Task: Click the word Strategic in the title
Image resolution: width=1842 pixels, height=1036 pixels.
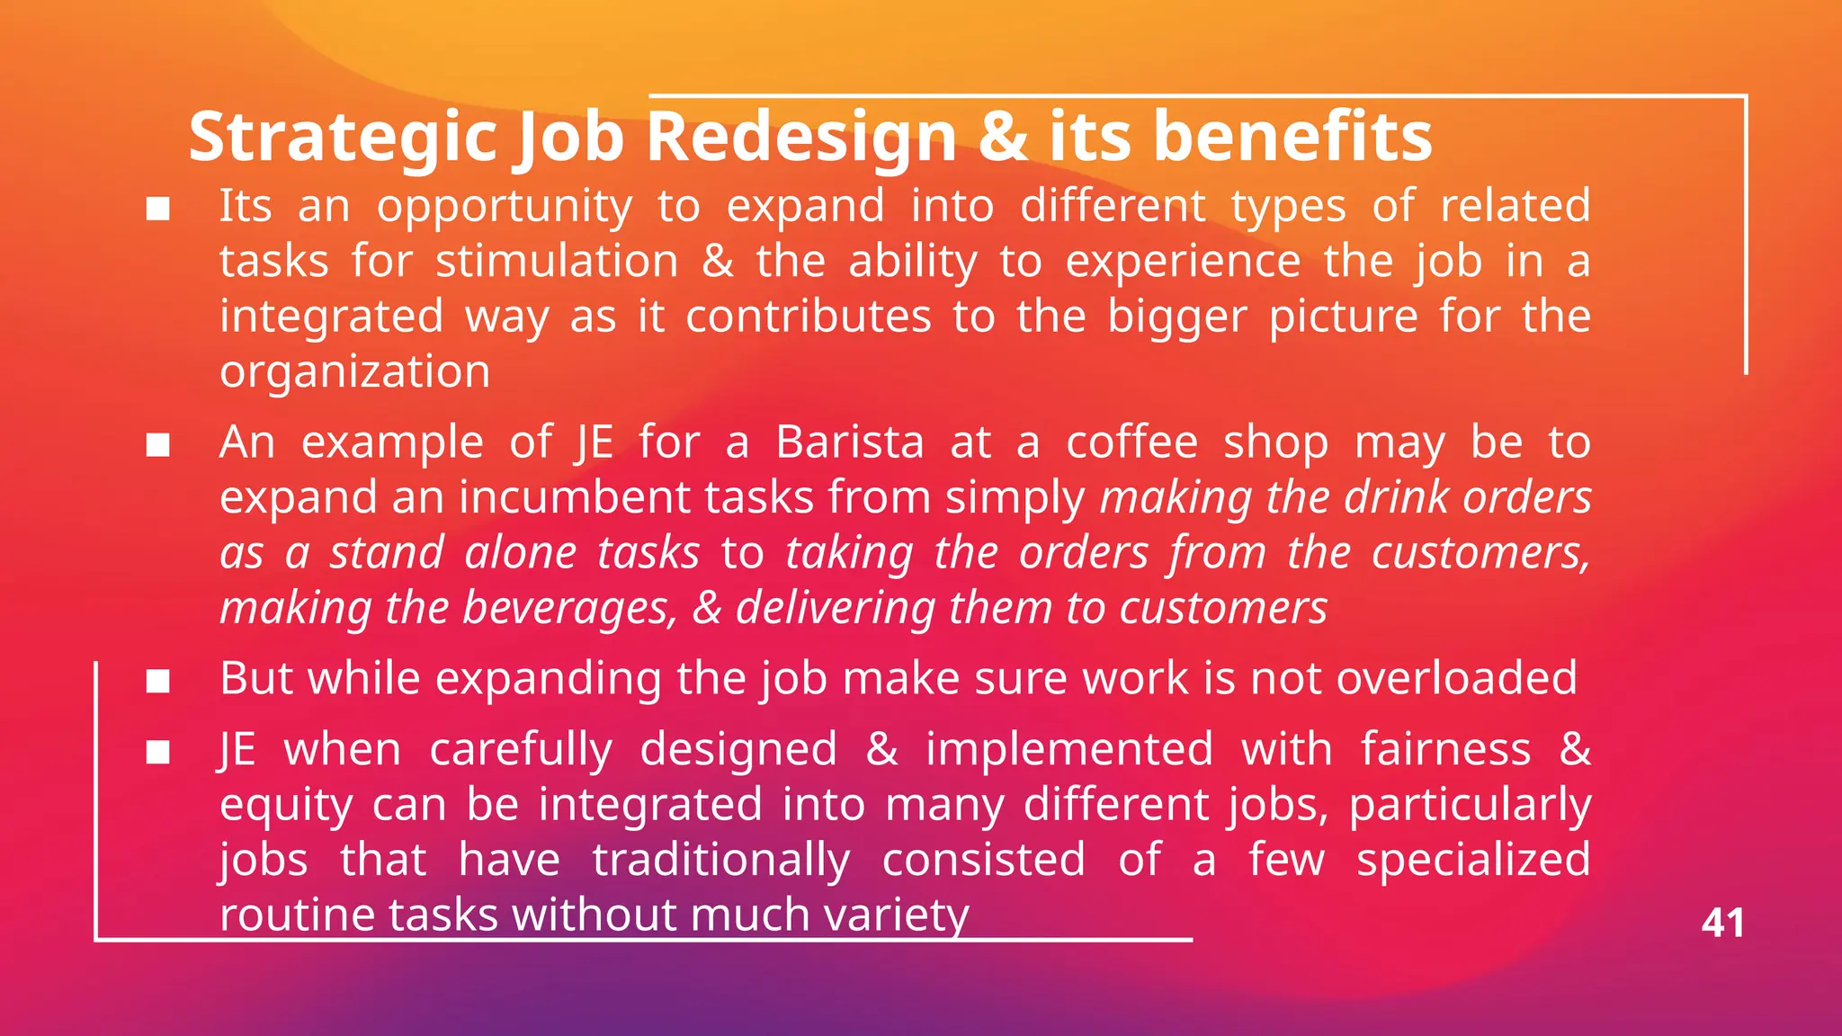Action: (x=343, y=138)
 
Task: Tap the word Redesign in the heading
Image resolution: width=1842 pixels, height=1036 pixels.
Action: (x=801, y=138)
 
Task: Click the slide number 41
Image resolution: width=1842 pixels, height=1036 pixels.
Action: (x=1722, y=924)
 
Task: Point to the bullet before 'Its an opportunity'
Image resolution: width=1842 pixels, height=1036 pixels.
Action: (x=158, y=210)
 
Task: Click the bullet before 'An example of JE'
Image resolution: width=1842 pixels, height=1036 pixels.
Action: (x=158, y=445)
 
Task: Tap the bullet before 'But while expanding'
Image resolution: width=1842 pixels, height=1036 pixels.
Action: (x=158, y=682)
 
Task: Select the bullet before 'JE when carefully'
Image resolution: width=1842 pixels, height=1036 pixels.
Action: (x=158, y=752)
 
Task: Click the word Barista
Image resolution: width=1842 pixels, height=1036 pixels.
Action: (x=850, y=442)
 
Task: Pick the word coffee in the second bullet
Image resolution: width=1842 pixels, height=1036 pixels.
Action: (x=1132, y=442)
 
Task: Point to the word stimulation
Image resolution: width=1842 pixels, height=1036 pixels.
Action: (x=557, y=262)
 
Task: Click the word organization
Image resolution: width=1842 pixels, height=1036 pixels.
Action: (x=355, y=372)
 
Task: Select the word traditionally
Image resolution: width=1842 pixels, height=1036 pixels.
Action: (x=721, y=860)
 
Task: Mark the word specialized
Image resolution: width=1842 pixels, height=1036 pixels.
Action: (x=1473, y=860)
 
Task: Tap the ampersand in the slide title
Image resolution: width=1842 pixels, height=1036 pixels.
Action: (x=1004, y=138)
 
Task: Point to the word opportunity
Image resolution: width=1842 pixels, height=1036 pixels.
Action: (x=505, y=208)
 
